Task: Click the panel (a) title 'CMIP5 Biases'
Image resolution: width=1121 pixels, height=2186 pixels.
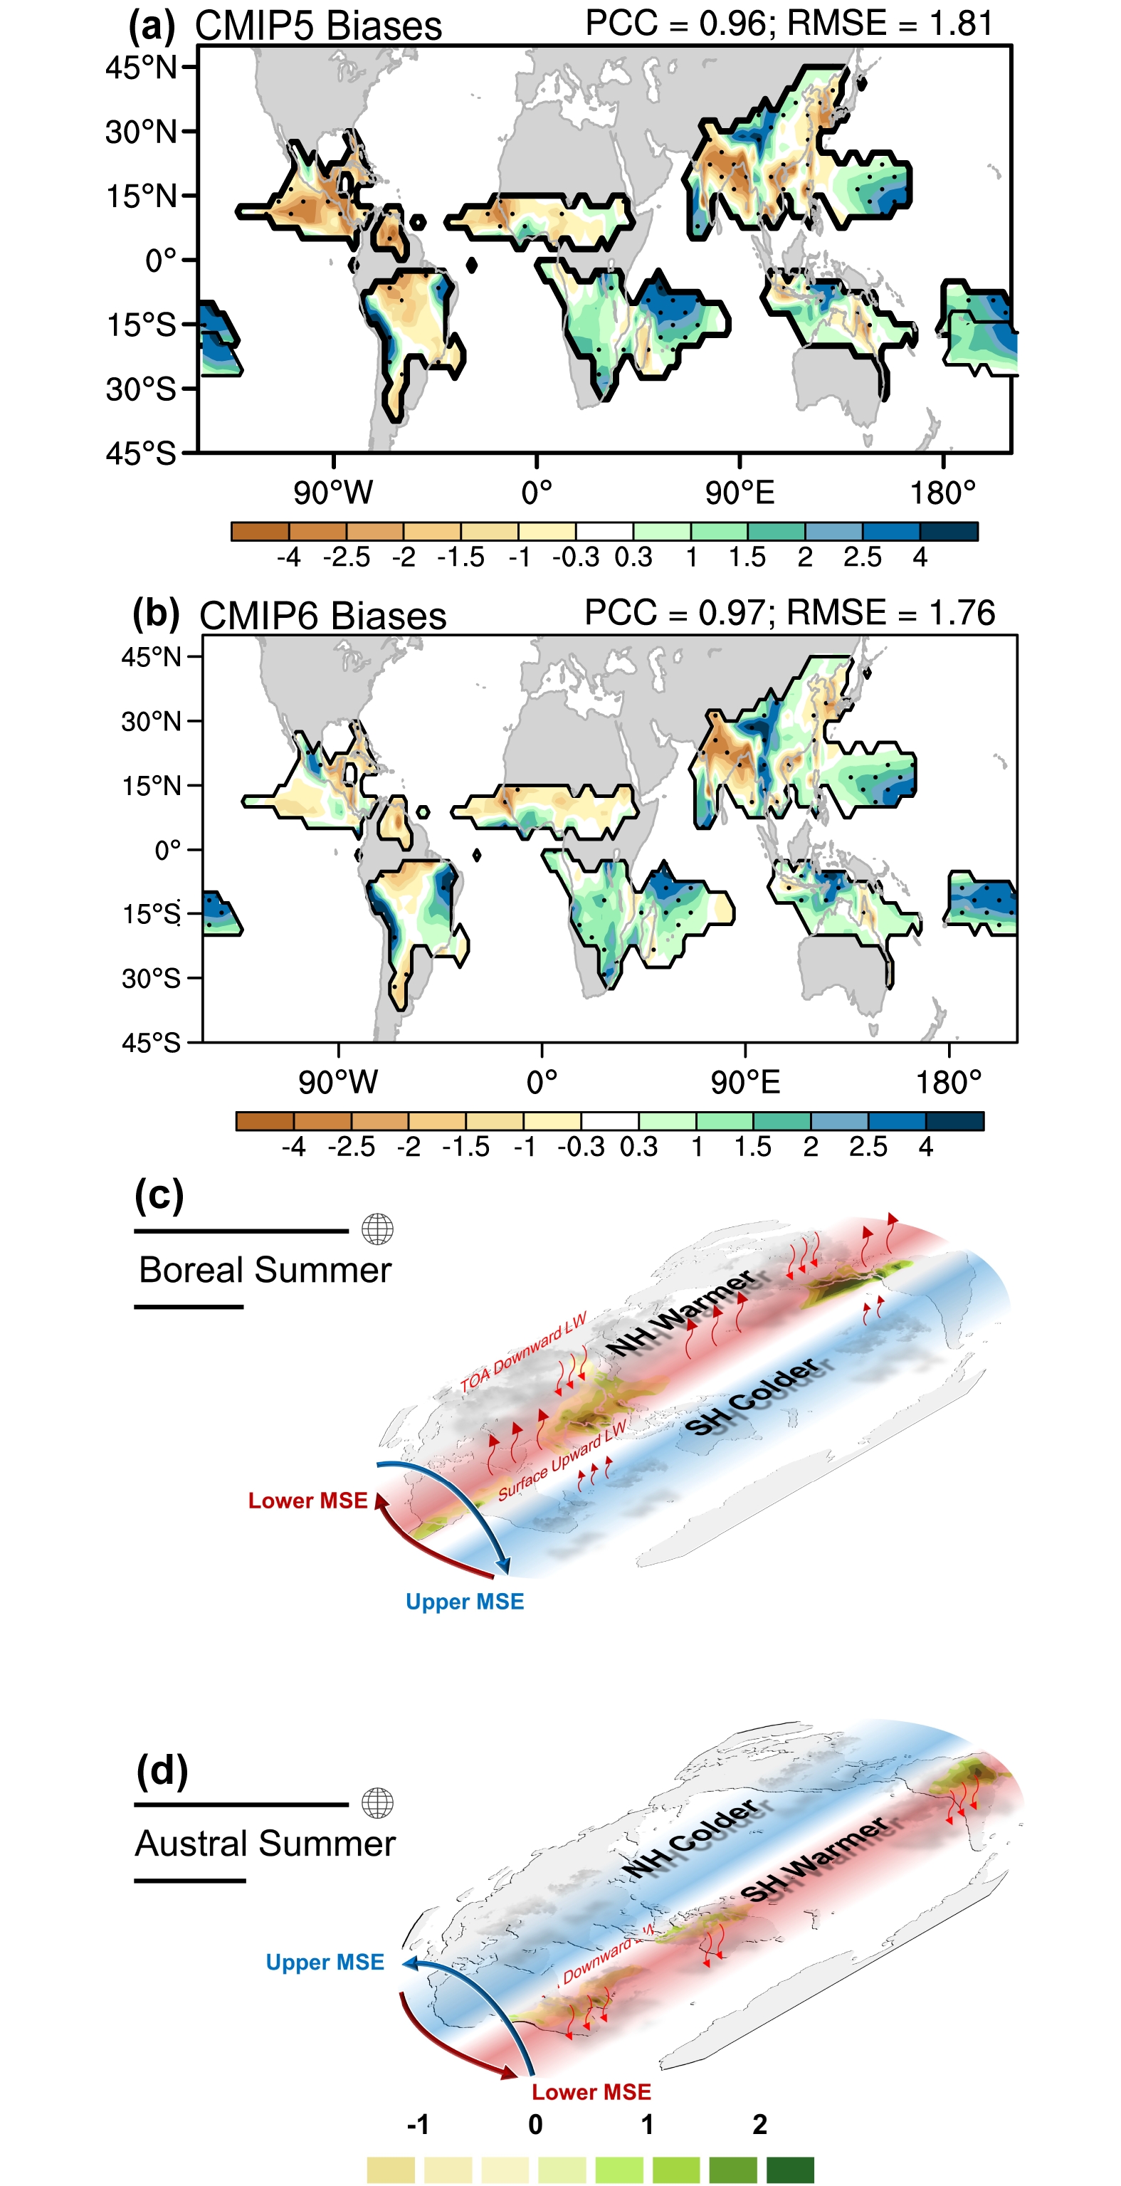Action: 318,26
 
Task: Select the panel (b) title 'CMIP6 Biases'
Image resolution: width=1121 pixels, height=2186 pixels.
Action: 322,615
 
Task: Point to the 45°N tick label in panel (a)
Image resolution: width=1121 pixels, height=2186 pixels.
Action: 141,67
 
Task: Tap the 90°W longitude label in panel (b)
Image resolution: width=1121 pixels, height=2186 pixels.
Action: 338,1082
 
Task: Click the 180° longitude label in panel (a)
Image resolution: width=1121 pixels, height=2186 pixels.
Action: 943,492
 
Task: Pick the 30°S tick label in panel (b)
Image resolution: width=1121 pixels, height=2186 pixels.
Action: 151,979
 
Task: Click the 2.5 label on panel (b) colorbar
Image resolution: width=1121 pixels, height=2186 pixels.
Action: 868,1147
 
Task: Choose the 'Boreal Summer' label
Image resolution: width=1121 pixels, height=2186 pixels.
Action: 265,1269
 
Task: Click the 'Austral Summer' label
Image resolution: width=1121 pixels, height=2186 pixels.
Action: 265,1843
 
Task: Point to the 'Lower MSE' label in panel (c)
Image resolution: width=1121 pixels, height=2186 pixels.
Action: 307,1501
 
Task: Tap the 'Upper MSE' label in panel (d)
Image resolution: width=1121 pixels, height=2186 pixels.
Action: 325,1962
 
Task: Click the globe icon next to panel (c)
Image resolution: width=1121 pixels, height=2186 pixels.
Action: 378,1229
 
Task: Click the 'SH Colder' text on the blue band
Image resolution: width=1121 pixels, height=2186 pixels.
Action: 752,1396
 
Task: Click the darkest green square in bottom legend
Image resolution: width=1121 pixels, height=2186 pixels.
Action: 789,2169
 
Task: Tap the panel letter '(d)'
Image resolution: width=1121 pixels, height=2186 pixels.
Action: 162,1771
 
